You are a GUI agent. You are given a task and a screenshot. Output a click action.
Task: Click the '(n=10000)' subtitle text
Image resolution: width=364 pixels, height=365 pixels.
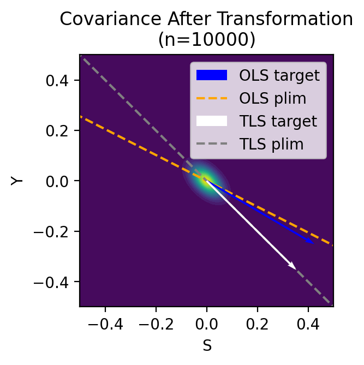[x=206, y=40]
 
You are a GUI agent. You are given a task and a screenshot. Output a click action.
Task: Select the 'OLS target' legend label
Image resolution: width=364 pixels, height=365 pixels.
[x=279, y=75]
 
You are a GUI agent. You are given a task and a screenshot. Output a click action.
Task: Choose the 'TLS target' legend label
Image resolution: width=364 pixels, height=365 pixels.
[x=278, y=121]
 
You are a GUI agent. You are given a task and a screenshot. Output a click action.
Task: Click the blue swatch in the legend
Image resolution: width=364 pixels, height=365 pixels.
[x=211, y=75]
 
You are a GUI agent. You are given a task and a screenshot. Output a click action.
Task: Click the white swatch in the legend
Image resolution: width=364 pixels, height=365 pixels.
[x=211, y=121]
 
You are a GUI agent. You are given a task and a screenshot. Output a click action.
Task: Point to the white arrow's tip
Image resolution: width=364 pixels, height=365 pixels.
[x=295, y=268]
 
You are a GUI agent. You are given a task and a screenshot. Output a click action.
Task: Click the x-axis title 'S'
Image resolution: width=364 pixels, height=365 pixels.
[x=206, y=345]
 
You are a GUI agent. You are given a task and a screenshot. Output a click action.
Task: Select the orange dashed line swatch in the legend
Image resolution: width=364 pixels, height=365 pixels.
[x=211, y=98]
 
